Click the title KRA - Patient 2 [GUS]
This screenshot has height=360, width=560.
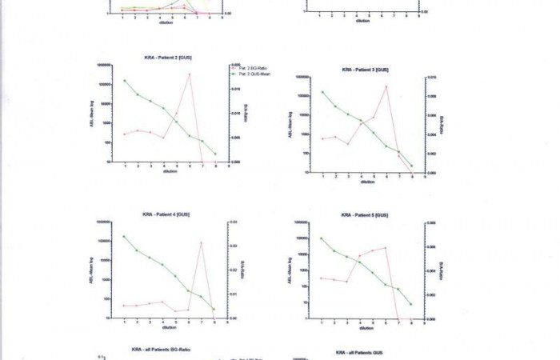pos(166,58)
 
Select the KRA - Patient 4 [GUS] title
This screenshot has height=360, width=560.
pos(166,214)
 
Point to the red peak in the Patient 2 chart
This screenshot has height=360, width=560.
pos(190,74)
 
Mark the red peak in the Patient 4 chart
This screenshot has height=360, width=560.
pos(202,242)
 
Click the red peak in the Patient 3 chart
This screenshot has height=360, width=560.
pos(386,86)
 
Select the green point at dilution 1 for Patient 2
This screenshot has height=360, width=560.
pos(125,81)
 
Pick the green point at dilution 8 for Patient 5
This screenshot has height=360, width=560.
pos(411,304)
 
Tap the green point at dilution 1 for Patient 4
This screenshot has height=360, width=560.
pos(124,237)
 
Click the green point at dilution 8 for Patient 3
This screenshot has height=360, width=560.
pos(411,166)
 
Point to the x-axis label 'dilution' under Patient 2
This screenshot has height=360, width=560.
pos(170,171)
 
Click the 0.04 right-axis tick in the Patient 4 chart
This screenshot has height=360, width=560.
pos(234,222)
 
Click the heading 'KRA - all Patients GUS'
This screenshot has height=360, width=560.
pos(361,353)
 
